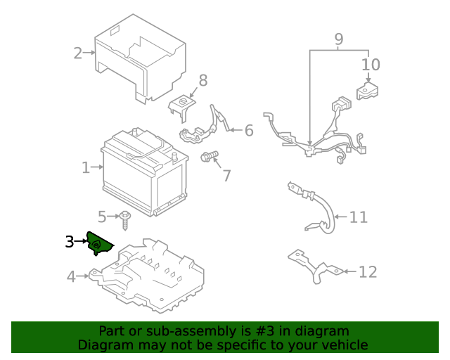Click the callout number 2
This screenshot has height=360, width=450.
(x=77, y=52)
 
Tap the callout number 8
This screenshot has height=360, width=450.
(x=202, y=80)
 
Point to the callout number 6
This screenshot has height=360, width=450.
(x=248, y=130)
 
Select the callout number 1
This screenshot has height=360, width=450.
(x=86, y=167)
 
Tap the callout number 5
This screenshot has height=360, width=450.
(x=102, y=217)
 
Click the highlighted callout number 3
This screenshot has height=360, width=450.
(x=69, y=242)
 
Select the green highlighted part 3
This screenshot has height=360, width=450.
(x=98, y=244)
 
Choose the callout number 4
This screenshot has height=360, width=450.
(x=71, y=276)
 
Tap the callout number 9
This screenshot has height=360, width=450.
(x=338, y=39)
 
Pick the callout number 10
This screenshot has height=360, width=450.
(x=371, y=65)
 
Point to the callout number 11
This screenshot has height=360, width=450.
(x=359, y=217)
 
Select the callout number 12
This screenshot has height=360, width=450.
(x=368, y=271)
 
